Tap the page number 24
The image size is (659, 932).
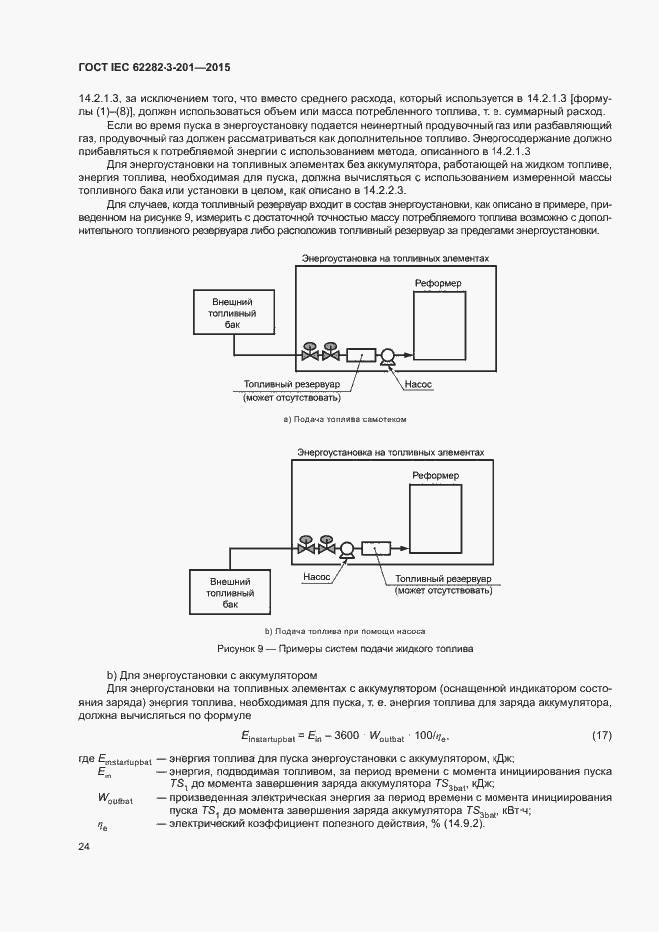pos(84,846)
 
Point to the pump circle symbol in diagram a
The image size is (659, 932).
pos(387,354)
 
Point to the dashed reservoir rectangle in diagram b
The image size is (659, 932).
pos(376,547)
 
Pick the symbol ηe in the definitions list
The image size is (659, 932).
pos(102,824)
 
